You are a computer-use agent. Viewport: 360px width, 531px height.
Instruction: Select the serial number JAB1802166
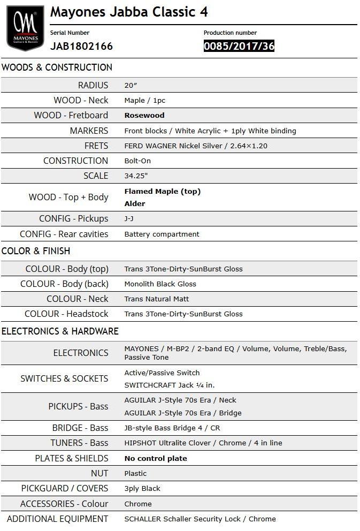pyautogui.click(x=81, y=46)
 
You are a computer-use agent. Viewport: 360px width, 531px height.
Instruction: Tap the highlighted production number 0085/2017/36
pyautogui.click(x=239, y=46)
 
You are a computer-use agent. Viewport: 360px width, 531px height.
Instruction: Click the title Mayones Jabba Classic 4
pyautogui.click(x=129, y=12)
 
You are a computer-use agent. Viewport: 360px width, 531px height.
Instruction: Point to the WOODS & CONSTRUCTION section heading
pyautogui.click(x=57, y=67)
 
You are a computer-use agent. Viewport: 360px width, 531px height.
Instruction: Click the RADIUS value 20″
pyautogui.click(x=131, y=85)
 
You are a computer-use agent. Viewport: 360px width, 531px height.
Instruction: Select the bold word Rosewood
pyautogui.click(x=144, y=115)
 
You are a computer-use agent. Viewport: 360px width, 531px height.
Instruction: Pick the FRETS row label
pyautogui.click(x=96, y=146)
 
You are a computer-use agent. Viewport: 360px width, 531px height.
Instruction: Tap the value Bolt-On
pyautogui.click(x=137, y=161)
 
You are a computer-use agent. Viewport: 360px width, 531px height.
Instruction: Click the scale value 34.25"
pyautogui.click(x=136, y=176)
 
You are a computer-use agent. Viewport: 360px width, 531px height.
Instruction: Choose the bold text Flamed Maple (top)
pyautogui.click(x=163, y=191)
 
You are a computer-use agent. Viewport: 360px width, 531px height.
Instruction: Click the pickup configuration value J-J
pyautogui.click(x=129, y=218)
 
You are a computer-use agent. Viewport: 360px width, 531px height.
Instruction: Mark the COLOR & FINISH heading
pyautogui.click(x=36, y=251)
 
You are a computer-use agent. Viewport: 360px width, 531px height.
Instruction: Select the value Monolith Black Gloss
pyautogui.click(x=160, y=284)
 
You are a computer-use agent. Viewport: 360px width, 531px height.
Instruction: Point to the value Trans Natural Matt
pyautogui.click(x=156, y=299)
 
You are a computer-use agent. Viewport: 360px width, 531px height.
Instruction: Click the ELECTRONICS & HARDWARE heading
pyautogui.click(x=60, y=331)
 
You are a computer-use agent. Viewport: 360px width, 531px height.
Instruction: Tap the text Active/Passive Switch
pyautogui.click(x=162, y=373)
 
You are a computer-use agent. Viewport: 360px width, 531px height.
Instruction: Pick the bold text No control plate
pyautogui.click(x=156, y=458)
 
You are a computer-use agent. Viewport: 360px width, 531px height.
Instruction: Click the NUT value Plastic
pyautogui.click(x=135, y=473)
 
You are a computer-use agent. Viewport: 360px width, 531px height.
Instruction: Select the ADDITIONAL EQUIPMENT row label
pyautogui.click(x=57, y=519)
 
